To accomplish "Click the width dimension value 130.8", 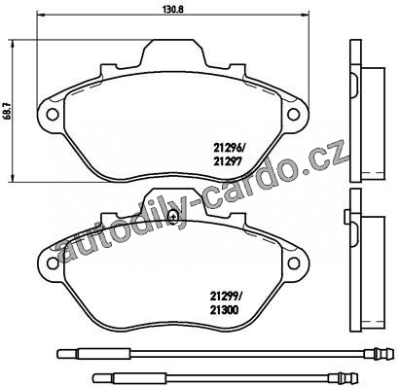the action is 173,9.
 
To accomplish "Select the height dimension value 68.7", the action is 6,111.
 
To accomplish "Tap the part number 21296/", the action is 228,148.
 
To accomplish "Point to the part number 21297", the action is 227,161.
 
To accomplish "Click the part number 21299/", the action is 225,297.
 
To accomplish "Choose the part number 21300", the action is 224,310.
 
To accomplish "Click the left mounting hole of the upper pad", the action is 52,114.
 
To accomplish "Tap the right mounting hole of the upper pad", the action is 294,114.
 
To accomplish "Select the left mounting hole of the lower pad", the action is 53,263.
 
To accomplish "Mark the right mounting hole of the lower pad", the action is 294,263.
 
